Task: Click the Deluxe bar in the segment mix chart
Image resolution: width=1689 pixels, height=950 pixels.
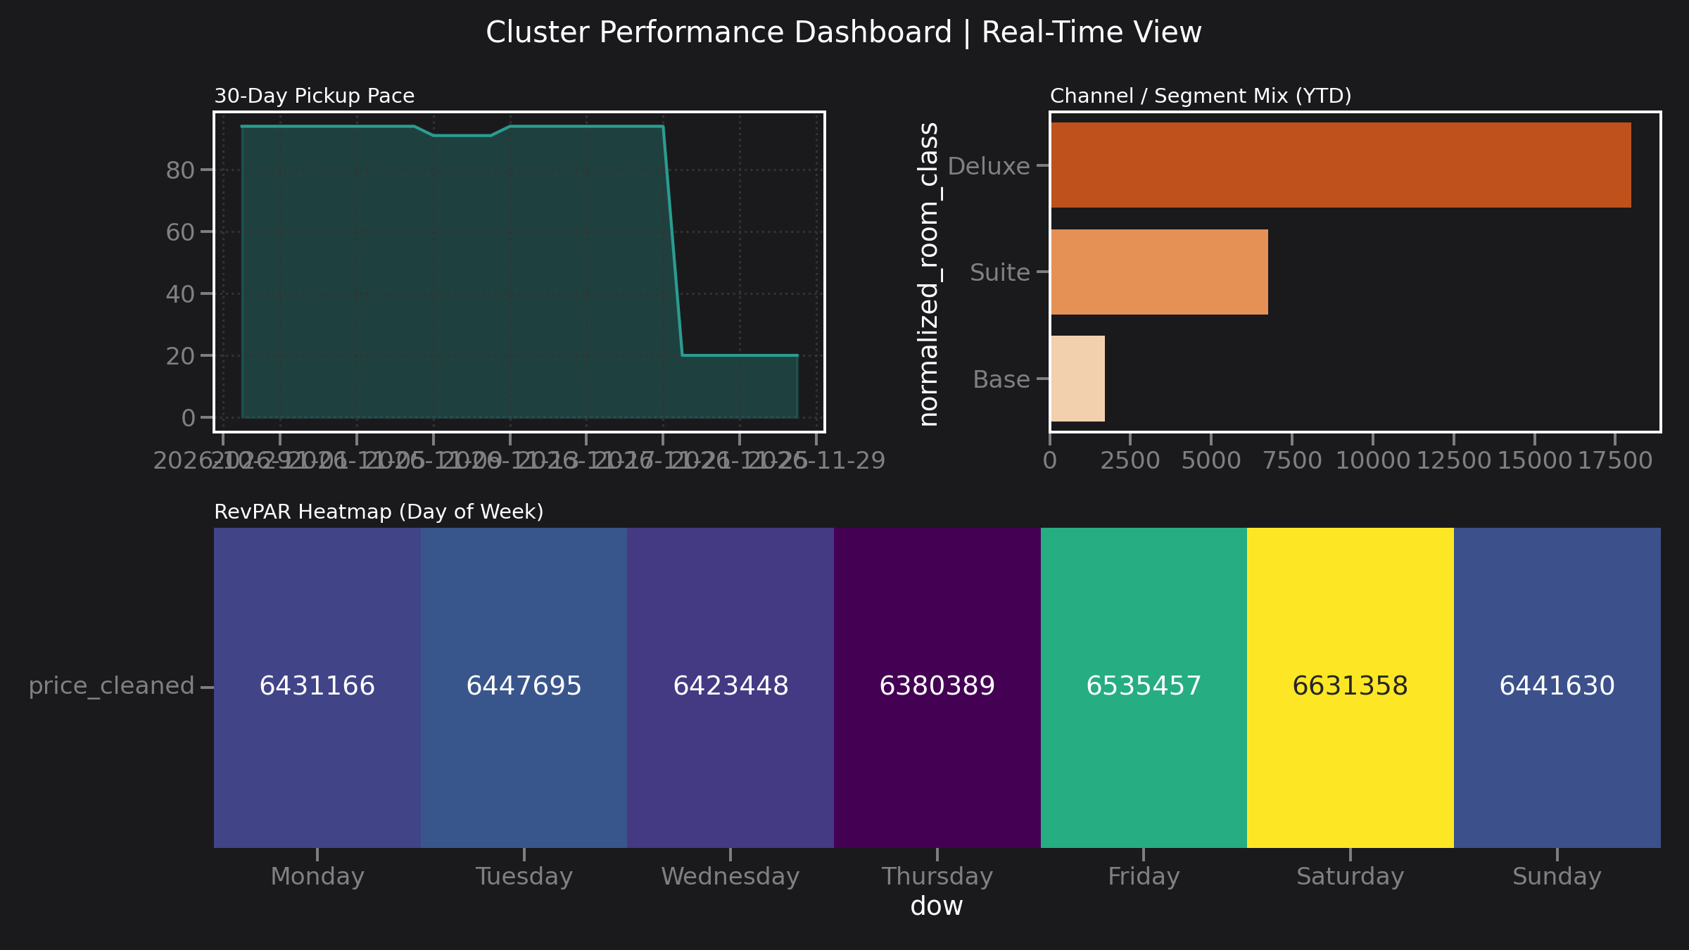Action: pos(1340,165)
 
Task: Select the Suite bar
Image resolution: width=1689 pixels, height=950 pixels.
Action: pos(1158,272)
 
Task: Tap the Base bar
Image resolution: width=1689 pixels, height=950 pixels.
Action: pos(1077,379)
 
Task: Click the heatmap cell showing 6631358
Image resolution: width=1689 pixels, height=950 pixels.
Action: pos(1350,685)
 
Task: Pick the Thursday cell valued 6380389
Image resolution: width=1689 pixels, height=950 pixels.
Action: pos(937,685)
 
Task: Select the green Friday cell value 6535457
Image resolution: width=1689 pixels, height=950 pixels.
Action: pos(1144,685)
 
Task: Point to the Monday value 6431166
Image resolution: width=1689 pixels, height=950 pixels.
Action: pos(317,685)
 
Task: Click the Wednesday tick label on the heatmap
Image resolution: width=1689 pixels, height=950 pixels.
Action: pos(730,876)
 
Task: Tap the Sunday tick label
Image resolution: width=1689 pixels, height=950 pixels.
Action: pos(1557,876)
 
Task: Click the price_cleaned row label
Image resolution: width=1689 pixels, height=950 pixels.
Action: pos(111,685)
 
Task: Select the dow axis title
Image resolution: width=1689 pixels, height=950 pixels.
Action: pos(936,906)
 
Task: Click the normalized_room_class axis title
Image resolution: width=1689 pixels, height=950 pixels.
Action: pos(929,274)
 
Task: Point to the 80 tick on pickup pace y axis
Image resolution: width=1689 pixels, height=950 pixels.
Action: pos(180,170)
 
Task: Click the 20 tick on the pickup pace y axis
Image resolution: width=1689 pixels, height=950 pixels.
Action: pos(180,356)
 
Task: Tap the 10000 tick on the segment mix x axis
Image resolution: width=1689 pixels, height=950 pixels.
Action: pos(1372,461)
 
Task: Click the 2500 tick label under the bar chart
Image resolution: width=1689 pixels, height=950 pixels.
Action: pos(1130,461)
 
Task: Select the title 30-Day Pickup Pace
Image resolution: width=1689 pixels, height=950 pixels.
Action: pos(314,96)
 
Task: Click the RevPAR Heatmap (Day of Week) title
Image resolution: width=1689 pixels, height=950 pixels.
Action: pos(379,512)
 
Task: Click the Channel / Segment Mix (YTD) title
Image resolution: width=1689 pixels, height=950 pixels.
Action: pos(1201,96)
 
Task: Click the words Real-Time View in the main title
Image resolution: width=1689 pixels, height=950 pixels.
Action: pos(1091,32)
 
